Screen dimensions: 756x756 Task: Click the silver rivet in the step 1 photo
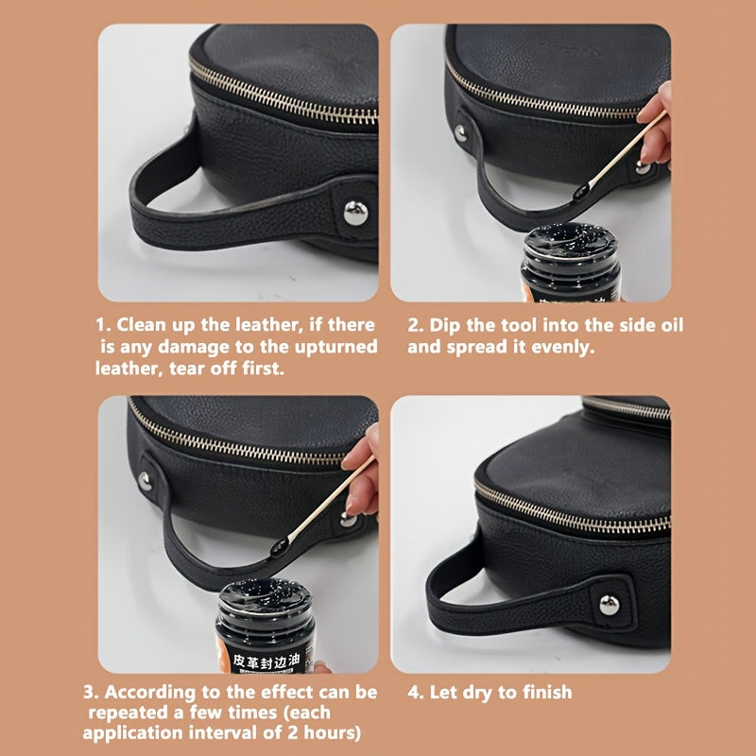(x=356, y=214)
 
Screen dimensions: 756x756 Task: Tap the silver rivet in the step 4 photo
(x=610, y=605)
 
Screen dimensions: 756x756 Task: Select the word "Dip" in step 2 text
(x=445, y=325)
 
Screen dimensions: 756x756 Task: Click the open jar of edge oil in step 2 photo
(x=571, y=262)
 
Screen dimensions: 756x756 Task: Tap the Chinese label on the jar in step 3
(x=266, y=662)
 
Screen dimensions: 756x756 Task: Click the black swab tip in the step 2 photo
(x=580, y=192)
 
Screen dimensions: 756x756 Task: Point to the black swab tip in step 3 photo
(x=279, y=546)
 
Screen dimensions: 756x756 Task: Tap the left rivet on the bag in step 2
(x=460, y=132)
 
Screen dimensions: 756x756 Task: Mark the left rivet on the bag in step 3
(x=145, y=481)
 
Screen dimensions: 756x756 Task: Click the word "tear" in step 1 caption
(x=185, y=369)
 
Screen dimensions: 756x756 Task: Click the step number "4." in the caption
(x=415, y=693)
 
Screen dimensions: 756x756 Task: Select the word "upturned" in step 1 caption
(x=336, y=348)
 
